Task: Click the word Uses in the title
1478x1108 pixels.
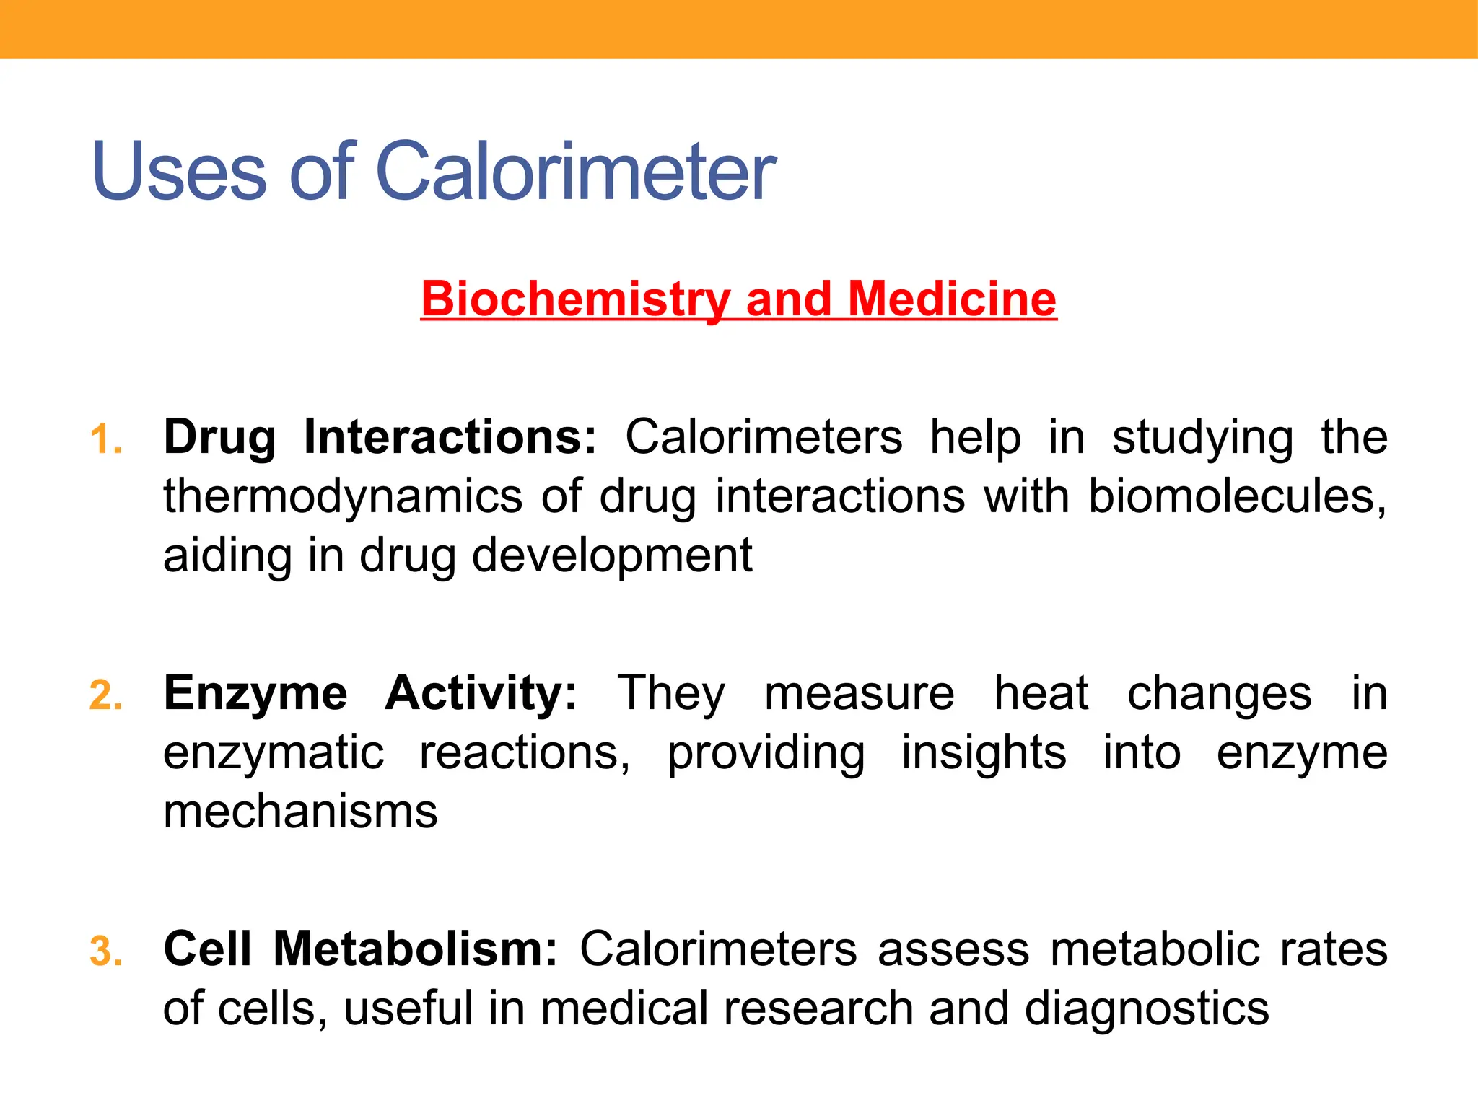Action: coord(179,172)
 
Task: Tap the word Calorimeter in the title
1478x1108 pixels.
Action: coord(575,172)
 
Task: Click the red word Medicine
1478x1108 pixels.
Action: coord(952,299)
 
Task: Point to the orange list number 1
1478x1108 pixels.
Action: coord(105,439)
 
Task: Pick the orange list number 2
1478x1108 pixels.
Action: coord(105,695)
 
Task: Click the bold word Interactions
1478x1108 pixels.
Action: coord(450,437)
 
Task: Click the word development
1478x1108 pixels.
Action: coord(612,555)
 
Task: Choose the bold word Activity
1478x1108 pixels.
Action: coord(481,693)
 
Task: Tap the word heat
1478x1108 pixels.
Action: coord(1041,693)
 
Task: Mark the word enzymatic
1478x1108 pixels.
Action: coord(274,753)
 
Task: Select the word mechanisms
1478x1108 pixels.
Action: coord(300,812)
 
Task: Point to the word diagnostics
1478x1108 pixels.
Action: coord(1147,1008)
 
